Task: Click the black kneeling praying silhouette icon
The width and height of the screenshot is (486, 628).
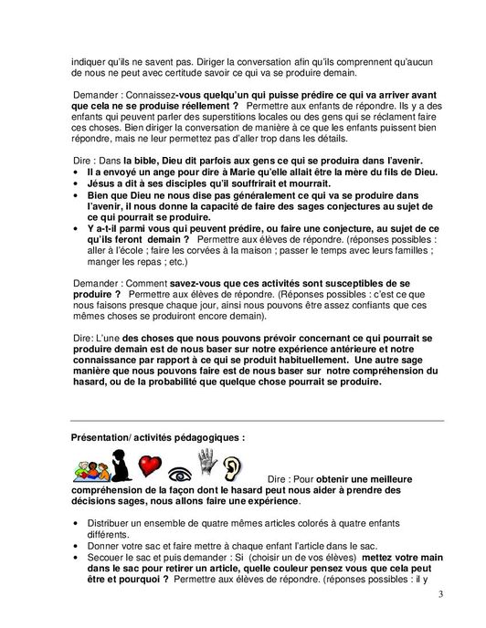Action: click(121, 466)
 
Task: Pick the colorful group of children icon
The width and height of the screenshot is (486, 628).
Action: click(90, 469)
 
